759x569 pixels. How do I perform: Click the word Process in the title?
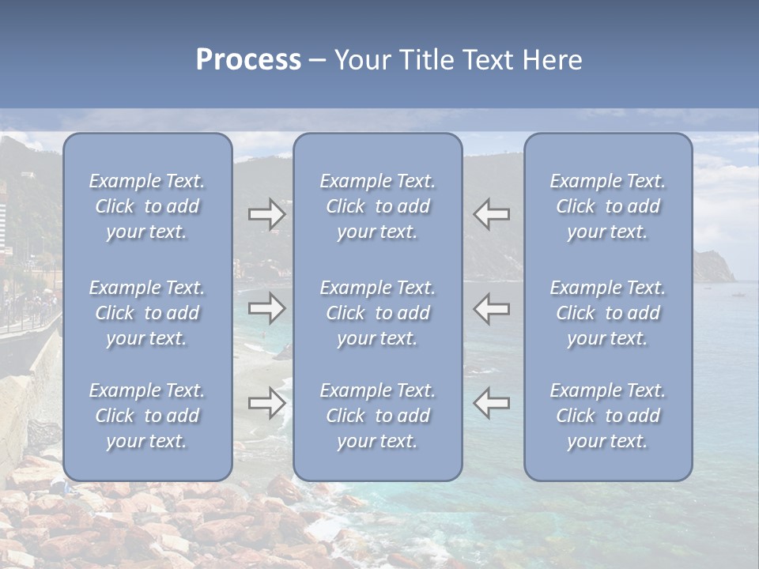pyautogui.click(x=248, y=60)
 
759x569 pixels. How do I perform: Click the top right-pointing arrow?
pyautogui.click(x=267, y=214)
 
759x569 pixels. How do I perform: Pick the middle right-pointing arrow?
pyautogui.click(x=267, y=308)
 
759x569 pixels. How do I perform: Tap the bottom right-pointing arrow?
pyautogui.click(x=267, y=403)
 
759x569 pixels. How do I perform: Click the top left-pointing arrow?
pyautogui.click(x=491, y=214)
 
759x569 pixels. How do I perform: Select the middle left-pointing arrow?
pyautogui.click(x=491, y=308)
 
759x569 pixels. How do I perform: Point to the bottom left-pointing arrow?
pyautogui.click(x=491, y=403)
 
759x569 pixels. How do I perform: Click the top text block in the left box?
pyautogui.click(x=147, y=206)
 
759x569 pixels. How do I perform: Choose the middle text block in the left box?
pyautogui.click(x=147, y=313)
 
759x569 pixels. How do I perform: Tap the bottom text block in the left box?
pyautogui.click(x=147, y=416)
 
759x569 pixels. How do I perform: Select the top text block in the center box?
pyautogui.click(x=378, y=206)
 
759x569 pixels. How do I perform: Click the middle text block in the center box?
pyautogui.click(x=378, y=313)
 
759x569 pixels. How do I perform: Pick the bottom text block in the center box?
pyautogui.click(x=378, y=416)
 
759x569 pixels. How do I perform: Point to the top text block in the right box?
pyautogui.click(x=608, y=206)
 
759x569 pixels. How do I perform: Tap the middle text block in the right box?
pyautogui.click(x=608, y=313)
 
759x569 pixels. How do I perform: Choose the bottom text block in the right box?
pyautogui.click(x=608, y=416)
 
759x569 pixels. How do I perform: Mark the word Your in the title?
pyautogui.click(x=361, y=60)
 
